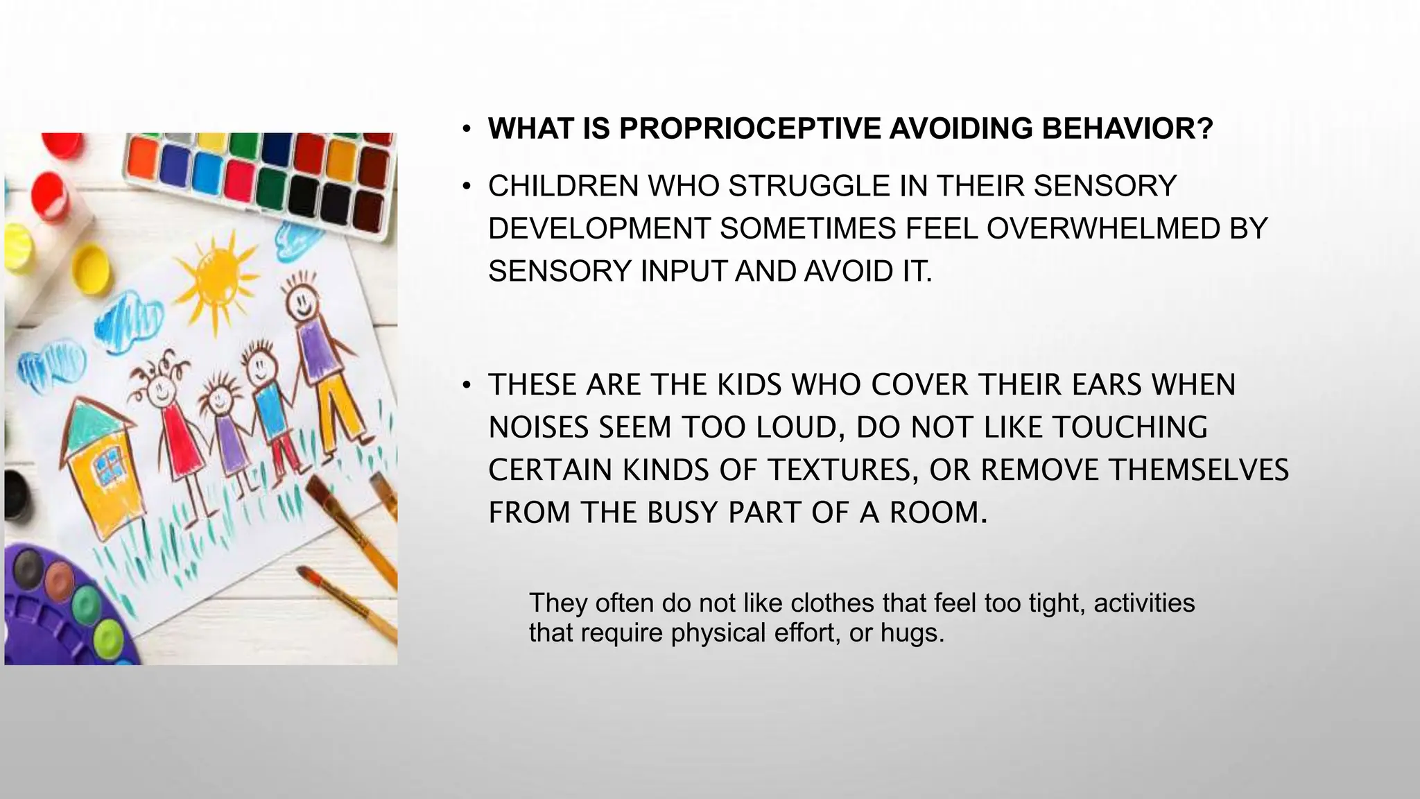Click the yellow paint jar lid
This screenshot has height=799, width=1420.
[x=92, y=266]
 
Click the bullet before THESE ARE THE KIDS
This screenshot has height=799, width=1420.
[x=468, y=386]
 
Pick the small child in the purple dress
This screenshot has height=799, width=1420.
[x=223, y=433]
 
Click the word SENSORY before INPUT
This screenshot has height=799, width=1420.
[x=560, y=271]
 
